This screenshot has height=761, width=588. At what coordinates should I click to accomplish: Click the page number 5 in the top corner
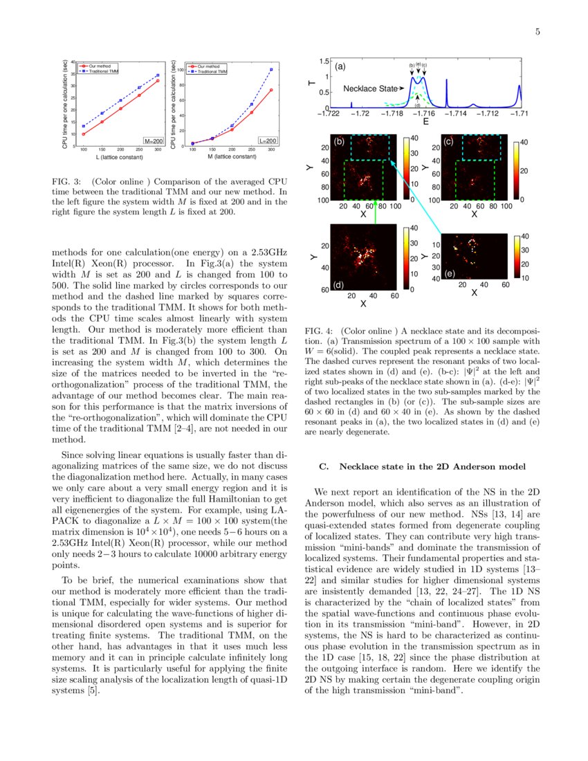[x=538, y=32]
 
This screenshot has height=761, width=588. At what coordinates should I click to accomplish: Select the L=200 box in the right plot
[x=267, y=140]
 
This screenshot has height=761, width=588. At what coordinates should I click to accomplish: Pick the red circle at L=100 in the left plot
[x=84, y=134]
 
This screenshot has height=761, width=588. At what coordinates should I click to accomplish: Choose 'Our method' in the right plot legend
[x=208, y=66]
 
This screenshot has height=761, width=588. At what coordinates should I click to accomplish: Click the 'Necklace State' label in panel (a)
[x=371, y=89]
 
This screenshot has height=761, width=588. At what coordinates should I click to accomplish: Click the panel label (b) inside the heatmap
[x=339, y=142]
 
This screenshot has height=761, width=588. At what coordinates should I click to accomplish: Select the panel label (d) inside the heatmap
[x=339, y=284]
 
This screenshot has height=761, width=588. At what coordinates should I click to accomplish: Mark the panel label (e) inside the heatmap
[x=450, y=274]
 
